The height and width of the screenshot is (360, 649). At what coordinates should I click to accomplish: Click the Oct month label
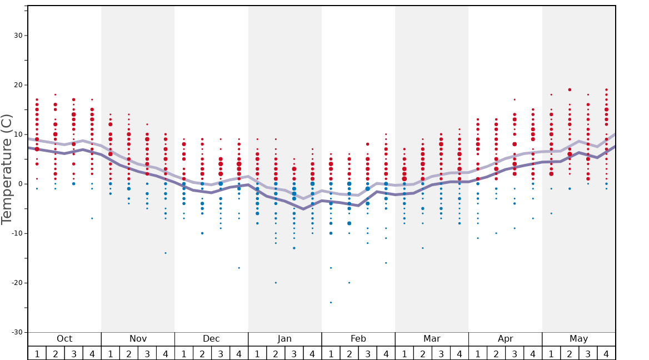click(x=64, y=339)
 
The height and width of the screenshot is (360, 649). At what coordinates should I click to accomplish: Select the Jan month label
click(x=284, y=339)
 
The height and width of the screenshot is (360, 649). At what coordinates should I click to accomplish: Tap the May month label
click(x=578, y=339)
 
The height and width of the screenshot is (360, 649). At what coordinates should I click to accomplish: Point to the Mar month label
click(x=432, y=339)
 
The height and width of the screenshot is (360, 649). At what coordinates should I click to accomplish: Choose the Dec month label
click(x=211, y=339)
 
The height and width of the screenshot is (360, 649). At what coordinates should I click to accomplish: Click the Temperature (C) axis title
click(x=7, y=169)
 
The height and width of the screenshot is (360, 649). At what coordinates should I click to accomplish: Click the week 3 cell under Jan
click(x=294, y=353)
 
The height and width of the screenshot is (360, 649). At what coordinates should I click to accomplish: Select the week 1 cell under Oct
click(x=37, y=353)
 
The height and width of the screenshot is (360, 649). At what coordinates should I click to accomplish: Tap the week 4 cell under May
click(x=606, y=353)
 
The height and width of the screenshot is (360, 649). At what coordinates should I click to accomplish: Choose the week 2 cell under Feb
click(x=349, y=353)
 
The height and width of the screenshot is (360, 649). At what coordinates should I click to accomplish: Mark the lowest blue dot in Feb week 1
click(x=331, y=302)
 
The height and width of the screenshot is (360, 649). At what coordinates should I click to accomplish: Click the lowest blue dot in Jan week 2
click(x=276, y=283)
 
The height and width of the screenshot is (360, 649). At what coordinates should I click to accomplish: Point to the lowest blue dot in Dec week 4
click(x=239, y=268)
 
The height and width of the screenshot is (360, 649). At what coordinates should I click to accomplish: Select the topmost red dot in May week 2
click(x=570, y=89)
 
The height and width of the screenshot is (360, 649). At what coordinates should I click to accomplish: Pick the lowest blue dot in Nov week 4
click(x=166, y=253)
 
